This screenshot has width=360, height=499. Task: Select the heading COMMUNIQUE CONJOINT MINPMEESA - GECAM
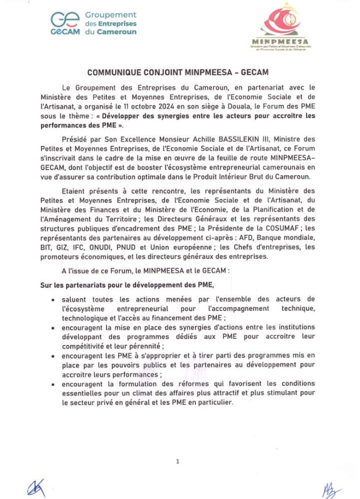coord(178,72)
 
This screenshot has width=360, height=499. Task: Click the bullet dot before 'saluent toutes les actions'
coord(52,300)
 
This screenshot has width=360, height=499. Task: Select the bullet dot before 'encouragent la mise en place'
coord(52,328)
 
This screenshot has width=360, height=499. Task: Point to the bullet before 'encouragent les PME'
coord(52,356)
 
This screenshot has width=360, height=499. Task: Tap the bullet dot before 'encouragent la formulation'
coord(52,384)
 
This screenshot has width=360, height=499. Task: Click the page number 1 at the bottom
coord(178,461)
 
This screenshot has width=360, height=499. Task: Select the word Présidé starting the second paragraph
coord(75,139)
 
